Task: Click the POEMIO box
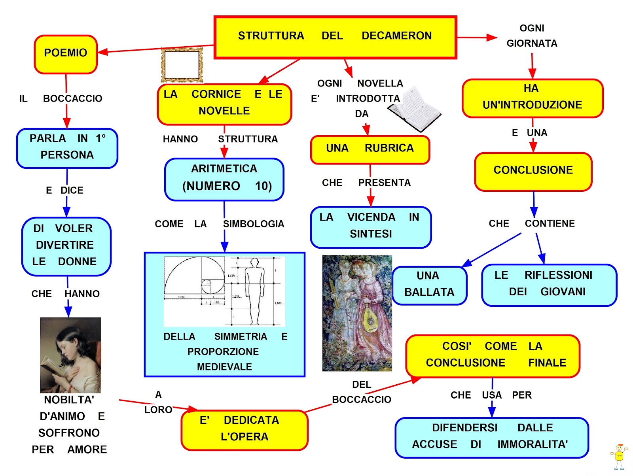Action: pyautogui.click(x=66, y=54)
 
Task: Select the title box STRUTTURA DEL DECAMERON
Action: pyautogui.click(x=335, y=37)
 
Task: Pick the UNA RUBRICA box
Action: pyautogui.click(x=370, y=149)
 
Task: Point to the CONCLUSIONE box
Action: pyautogui.click(x=533, y=171)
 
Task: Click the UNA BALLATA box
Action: pyautogui.click(x=429, y=285)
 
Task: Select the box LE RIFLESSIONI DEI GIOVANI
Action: pyautogui.click(x=549, y=285)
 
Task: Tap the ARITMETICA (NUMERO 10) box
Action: pyautogui.click(x=224, y=179)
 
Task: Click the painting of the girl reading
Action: pyautogui.click(x=71, y=355)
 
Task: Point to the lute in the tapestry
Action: pyautogui.click(x=370, y=319)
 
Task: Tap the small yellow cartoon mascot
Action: pyautogui.click(x=619, y=455)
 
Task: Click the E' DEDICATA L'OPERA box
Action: pyautogui.click(x=244, y=430)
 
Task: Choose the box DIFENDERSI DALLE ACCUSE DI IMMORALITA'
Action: pyautogui.click(x=491, y=437)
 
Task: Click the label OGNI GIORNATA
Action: pyautogui.click(x=532, y=36)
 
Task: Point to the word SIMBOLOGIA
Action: pyautogui.click(x=254, y=224)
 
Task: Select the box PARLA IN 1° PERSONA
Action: pyautogui.click(x=67, y=148)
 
